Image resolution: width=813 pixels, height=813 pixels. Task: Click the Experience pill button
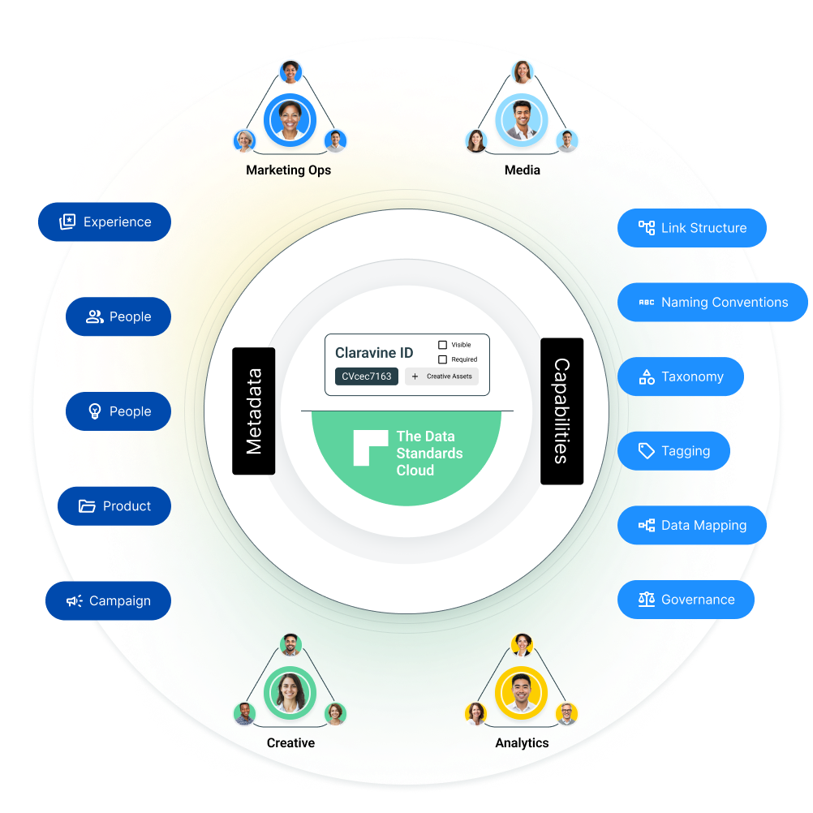point(105,222)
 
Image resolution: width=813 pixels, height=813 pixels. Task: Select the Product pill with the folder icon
point(114,506)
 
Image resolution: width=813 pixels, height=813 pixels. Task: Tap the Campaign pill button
point(108,601)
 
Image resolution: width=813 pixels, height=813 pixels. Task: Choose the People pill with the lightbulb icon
point(118,411)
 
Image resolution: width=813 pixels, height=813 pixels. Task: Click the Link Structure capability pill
point(691,228)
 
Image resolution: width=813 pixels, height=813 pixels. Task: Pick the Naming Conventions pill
point(712,303)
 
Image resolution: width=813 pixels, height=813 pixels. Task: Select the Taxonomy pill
point(680,376)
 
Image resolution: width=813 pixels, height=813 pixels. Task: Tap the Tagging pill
point(673,451)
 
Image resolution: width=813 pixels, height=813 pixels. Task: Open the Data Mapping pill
point(691,526)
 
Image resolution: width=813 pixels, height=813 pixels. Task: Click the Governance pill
point(686,600)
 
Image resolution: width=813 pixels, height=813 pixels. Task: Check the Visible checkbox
point(442,345)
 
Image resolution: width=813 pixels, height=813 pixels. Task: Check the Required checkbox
point(442,359)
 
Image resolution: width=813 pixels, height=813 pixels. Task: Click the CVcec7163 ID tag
point(366,376)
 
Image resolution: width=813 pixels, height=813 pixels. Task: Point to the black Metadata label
point(253,411)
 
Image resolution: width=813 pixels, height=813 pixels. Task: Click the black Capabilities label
point(561,411)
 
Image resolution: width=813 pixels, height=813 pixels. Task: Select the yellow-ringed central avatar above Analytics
point(521,693)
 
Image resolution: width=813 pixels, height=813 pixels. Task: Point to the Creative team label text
point(290,742)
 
